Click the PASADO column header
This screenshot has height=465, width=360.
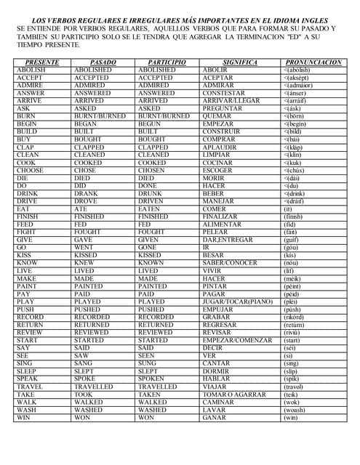tap(103, 62)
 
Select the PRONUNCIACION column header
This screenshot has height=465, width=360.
tap(313, 62)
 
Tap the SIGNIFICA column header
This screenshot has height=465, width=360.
tap(240, 62)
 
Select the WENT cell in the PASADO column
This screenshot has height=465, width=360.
tap(84, 247)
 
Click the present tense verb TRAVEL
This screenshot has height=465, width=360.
tap(30, 387)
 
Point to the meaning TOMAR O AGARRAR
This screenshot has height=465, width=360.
tap(233, 395)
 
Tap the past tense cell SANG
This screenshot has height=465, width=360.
tap(84, 363)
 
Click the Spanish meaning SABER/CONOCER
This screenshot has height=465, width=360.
tap(229, 262)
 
